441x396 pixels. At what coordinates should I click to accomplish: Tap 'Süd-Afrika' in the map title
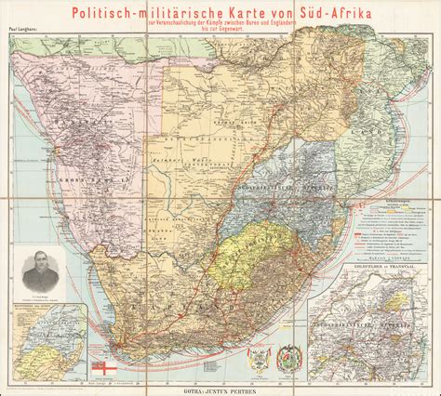(x=304, y=13)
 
